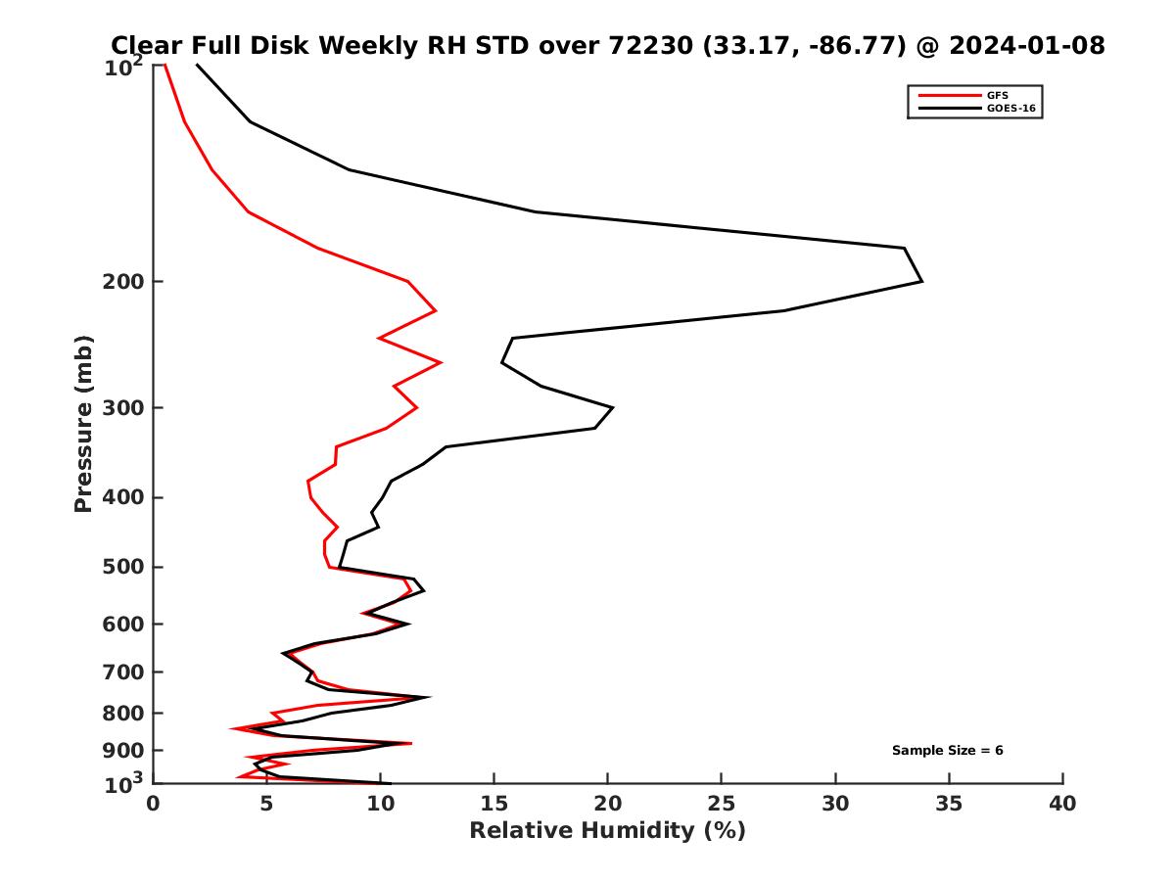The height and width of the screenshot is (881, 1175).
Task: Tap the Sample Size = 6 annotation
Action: coord(947,751)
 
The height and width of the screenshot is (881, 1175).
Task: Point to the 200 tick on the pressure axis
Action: coord(124,282)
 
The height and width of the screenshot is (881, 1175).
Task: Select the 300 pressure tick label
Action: coord(124,408)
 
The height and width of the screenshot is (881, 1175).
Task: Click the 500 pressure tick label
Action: coord(124,568)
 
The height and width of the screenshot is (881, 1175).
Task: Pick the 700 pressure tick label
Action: coord(124,672)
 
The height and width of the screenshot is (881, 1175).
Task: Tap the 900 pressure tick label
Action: coord(124,751)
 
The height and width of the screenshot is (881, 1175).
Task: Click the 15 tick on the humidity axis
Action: coord(494,804)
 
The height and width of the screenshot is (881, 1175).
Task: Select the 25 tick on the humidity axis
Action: coord(722,804)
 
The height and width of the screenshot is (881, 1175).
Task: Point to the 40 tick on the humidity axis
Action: coord(1062,804)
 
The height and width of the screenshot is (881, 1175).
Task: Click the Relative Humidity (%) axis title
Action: coord(607,831)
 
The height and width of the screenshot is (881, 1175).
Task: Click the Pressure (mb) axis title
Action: coord(83,423)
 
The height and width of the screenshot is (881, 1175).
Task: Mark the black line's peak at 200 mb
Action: coord(921,282)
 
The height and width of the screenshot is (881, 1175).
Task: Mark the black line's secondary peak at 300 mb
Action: coord(613,407)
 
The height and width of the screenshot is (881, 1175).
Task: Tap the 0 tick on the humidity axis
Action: coord(154,804)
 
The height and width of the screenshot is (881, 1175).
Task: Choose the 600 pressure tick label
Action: coord(124,625)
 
